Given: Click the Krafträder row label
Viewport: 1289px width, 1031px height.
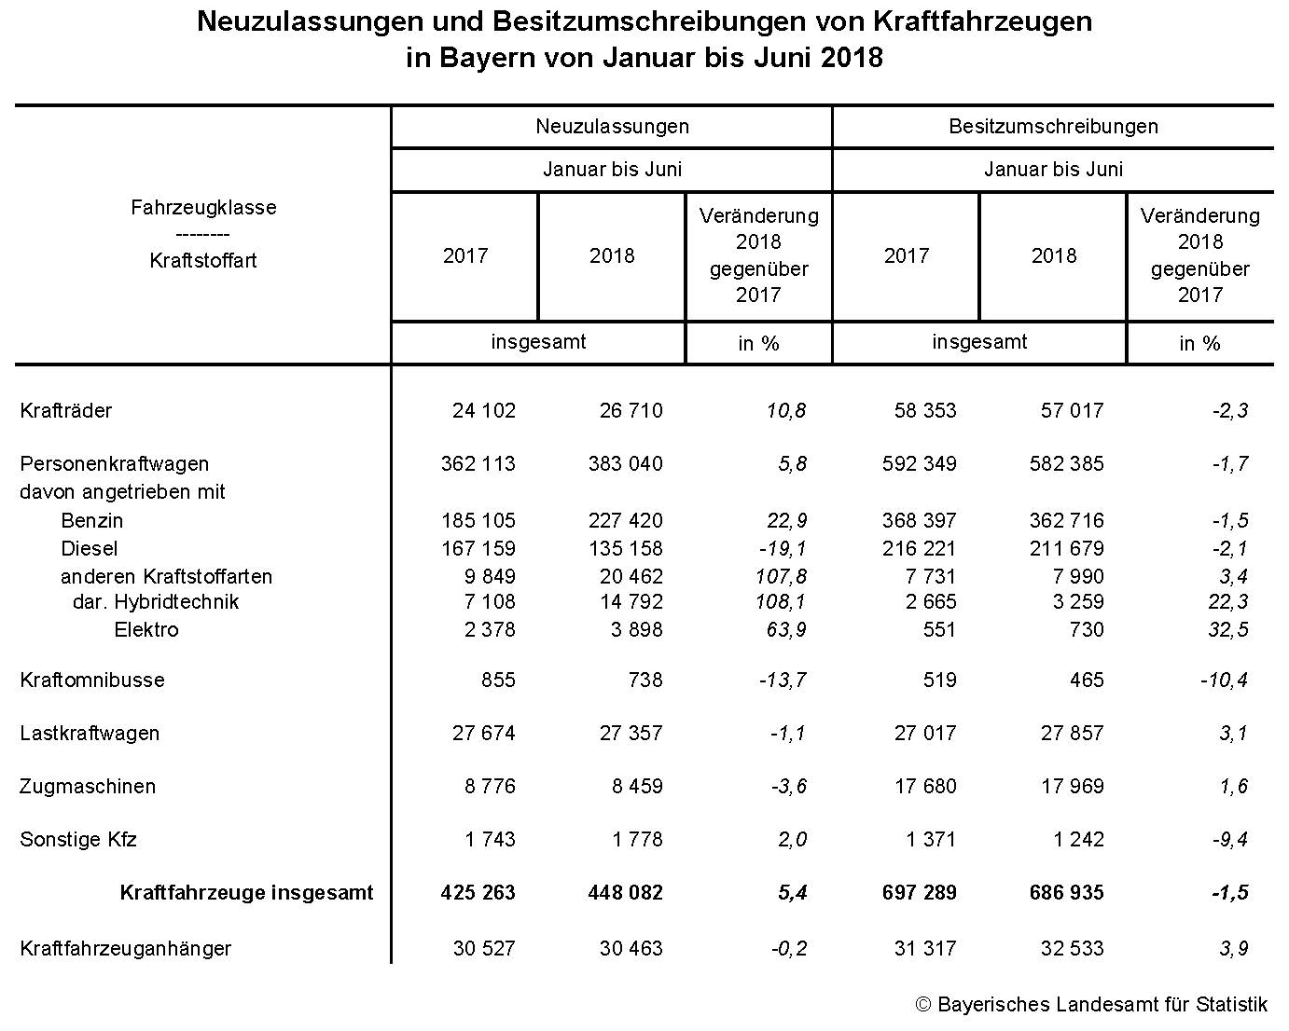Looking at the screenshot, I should click(x=66, y=411).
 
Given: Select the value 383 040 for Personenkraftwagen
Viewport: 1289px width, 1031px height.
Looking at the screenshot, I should click(x=631, y=464).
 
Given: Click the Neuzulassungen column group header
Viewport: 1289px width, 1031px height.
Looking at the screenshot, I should click(x=612, y=127).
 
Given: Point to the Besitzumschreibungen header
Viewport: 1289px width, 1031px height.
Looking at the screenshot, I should click(x=1053, y=127).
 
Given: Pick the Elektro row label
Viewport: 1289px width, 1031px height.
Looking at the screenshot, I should click(x=146, y=630).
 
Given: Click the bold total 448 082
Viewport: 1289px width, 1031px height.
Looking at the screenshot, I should click(x=631, y=893).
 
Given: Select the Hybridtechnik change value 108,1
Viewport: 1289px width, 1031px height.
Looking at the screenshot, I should click(x=782, y=602).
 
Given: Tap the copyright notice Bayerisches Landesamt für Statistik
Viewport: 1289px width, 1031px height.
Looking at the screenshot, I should click(x=1091, y=1005).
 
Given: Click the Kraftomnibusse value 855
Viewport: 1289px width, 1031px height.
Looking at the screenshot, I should click(x=498, y=680).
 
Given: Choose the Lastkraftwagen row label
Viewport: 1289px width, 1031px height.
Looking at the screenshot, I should click(x=90, y=734).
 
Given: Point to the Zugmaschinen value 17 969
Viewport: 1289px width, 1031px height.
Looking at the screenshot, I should click(x=1072, y=787).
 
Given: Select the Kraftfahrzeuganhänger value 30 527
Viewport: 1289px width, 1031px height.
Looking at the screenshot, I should click(x=483, y=949).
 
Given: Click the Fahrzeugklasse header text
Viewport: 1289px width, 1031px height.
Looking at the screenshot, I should click(x=203, y=208).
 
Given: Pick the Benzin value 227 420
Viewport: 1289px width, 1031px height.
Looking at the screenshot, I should click(x=631, y=521).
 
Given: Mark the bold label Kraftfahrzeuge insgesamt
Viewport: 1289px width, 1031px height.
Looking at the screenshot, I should click(x=246, y=893).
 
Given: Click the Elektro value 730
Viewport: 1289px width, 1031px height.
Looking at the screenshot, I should click(x=1085, y=630).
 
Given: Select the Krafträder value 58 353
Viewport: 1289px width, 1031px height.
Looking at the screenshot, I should click(x=924, y=411).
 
